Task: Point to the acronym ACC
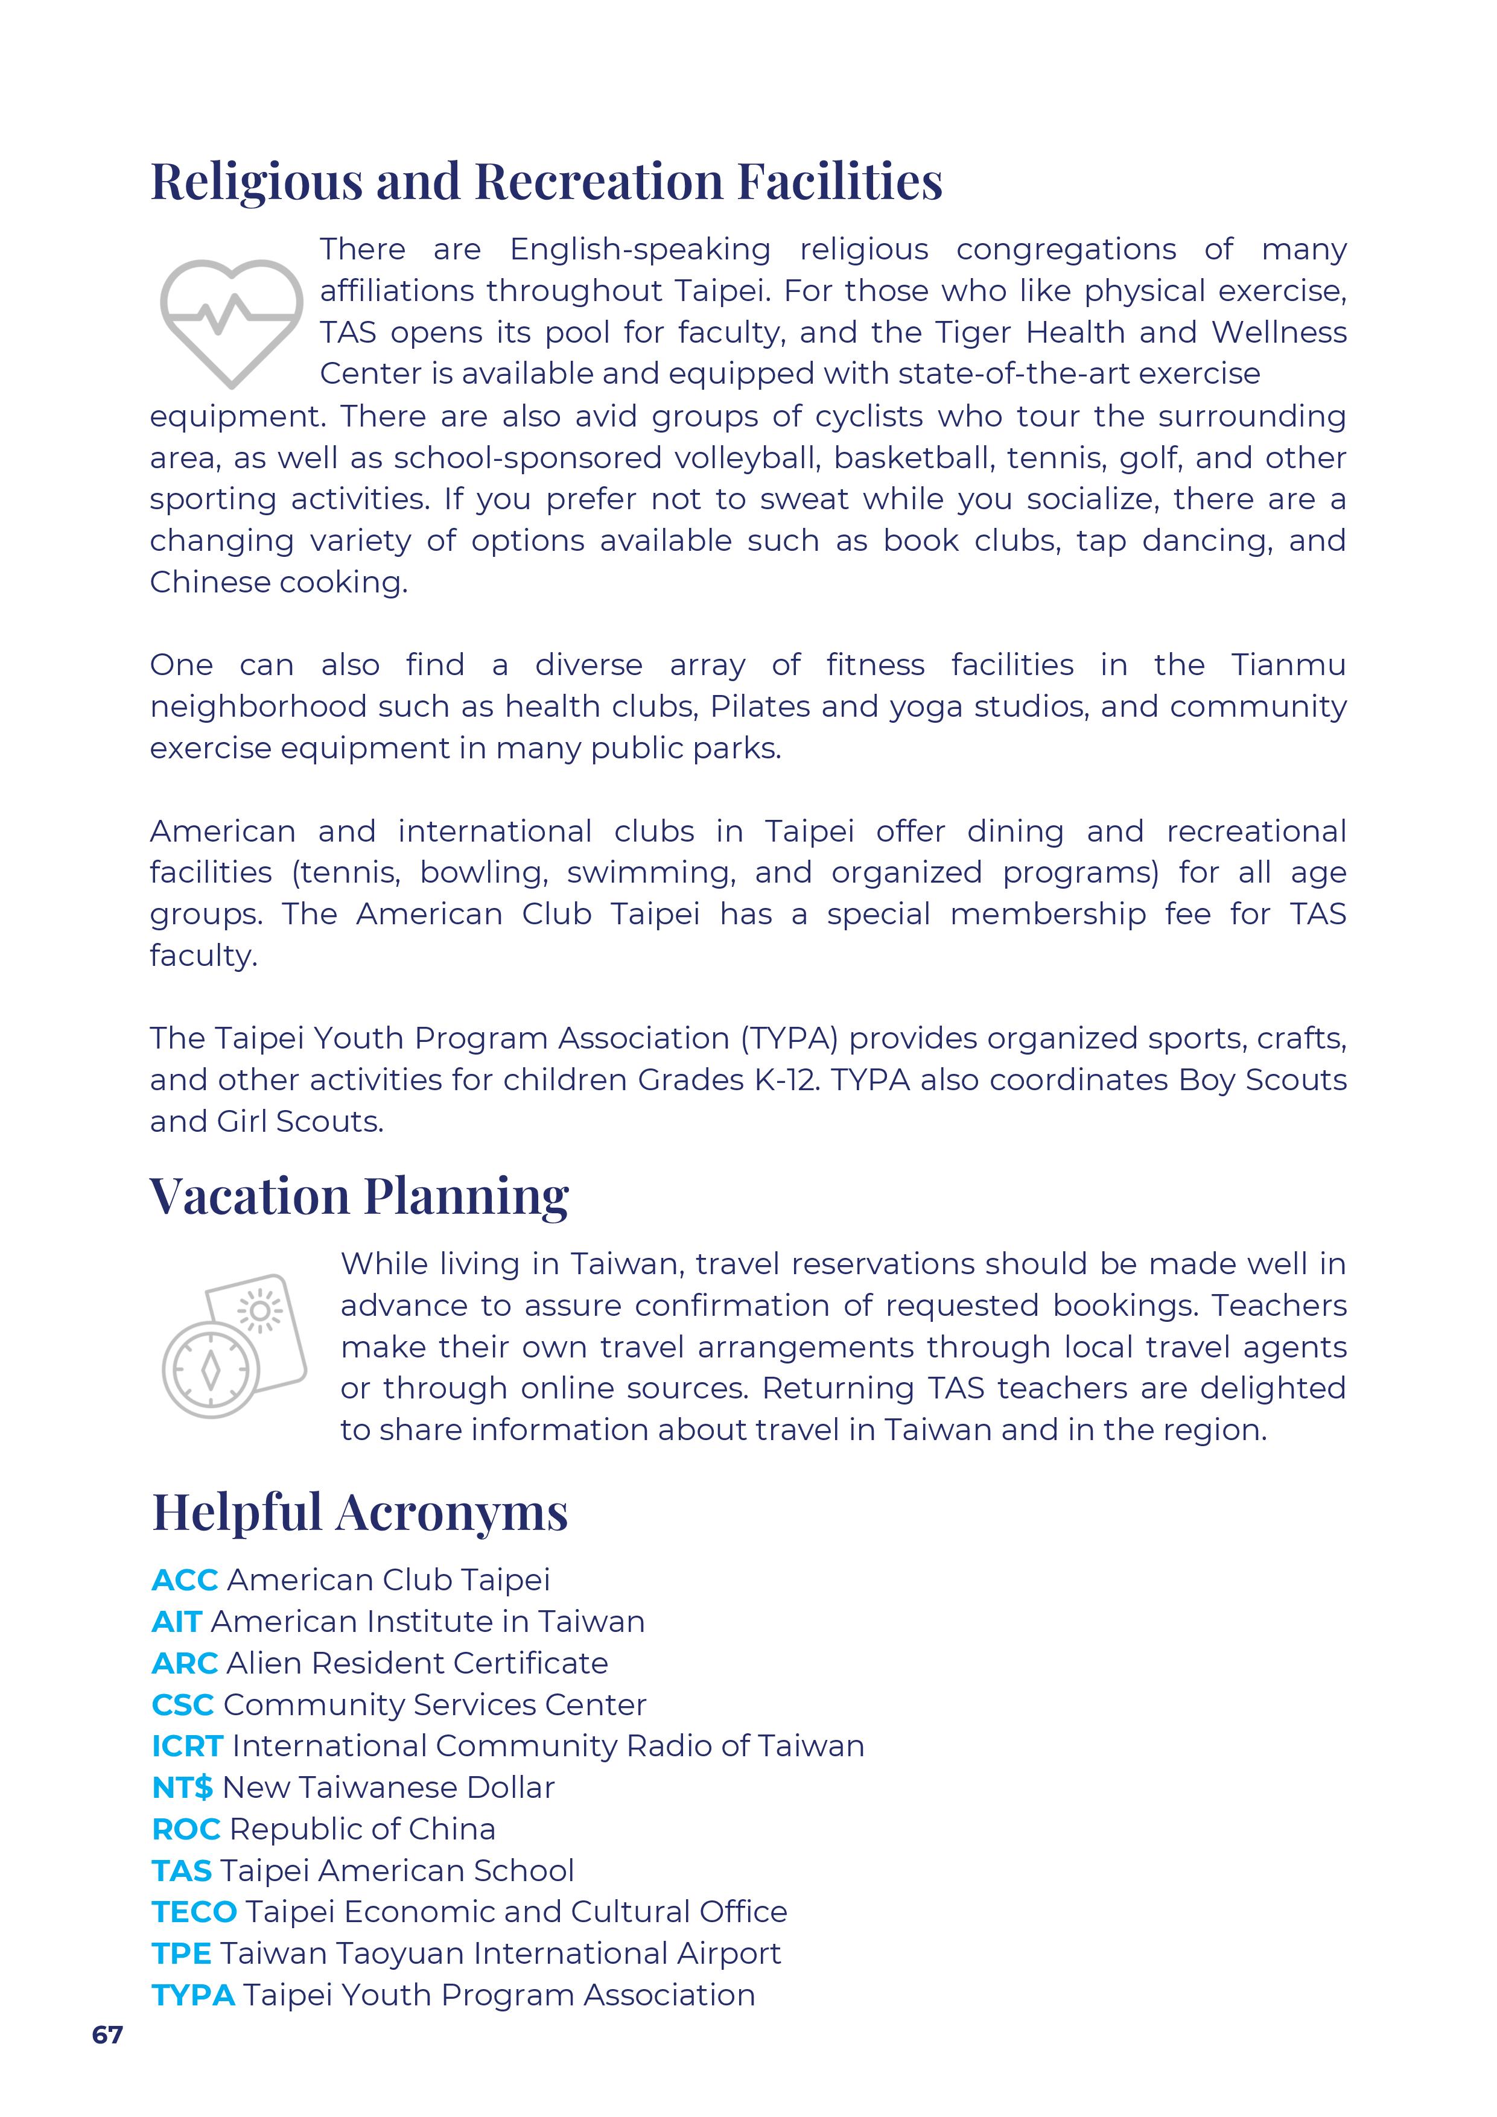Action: click(185, 1581)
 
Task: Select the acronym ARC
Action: click(185, 1663)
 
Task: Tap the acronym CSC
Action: click(183, 1705)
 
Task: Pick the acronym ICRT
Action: click(187, 1747)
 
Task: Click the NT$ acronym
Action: click(183, 1788)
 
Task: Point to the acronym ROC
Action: click(185, 1829)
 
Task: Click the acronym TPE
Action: click(182, 1954)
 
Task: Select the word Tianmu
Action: click(1289, 665)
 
